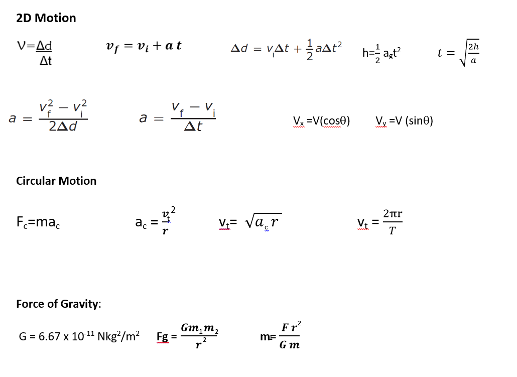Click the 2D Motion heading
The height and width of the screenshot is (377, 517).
pyautogui.click(x=46, y=18)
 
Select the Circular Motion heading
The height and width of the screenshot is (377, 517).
pyautogui.click(x=56, y=181)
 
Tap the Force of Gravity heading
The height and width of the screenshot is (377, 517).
pyautogui.click(x=58, y=304)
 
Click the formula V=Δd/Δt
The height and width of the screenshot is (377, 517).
pyautogui.click(x=35, y=53)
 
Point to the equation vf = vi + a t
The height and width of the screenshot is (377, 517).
pyautogui.click(x=144, y=46)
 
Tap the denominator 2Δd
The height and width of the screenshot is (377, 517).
pyautogui.click(x=63, y=127)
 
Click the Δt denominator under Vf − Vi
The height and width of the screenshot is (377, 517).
pyautogui.click(x=193, y=127)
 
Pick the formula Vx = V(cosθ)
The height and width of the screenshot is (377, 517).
pyautogui.click(x=321, y=120)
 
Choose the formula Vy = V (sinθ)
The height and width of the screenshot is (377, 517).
pyautogui.click(x=404, y=120)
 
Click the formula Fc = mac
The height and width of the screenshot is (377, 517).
pyautogui.click(x=39, y=221)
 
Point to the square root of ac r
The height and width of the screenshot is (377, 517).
pyautogui.click(x=263, y=221)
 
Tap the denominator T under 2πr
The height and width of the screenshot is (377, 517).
pyautogui.click(x=392, y=231)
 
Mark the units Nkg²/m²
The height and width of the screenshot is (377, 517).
pyautogui.click(x=119, y=336)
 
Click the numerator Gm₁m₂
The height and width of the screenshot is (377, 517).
pyautogui.click(x=200, y=328)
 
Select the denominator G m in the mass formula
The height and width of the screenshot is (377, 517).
pyautogui.click(x=290, y=345)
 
